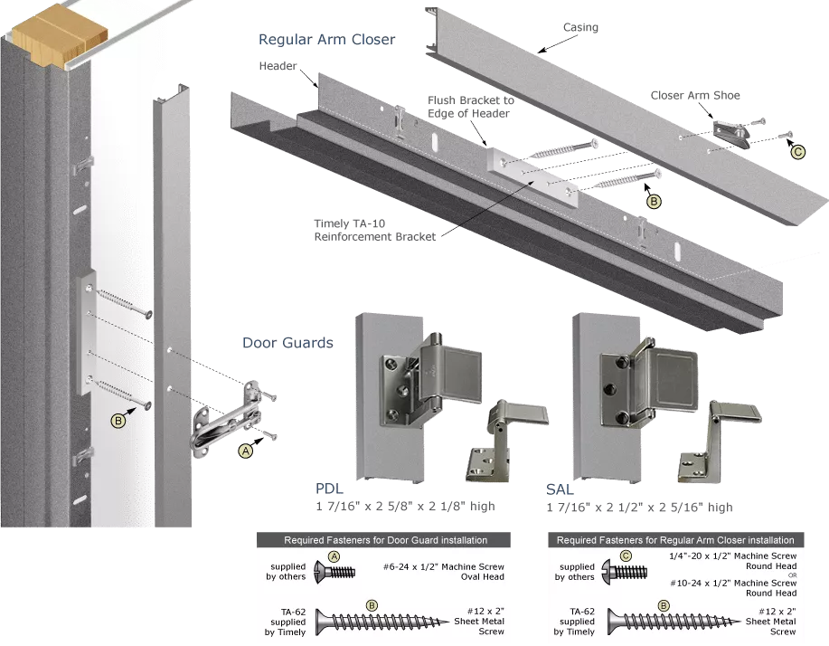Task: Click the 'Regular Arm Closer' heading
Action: point(326,40)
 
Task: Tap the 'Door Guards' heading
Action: point(287,343)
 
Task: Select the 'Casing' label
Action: point(580,27)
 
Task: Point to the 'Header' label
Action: point(278,66)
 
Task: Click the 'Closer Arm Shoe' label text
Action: point(694,95)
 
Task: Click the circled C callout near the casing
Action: point(797,152)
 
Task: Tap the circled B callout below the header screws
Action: point(654,201)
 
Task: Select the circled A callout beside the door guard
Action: point(245,451)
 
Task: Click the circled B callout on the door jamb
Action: point(118,421)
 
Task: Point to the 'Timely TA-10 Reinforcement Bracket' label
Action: point(375,230)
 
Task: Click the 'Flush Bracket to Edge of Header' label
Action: point(470,107)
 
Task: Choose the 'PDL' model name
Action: point(329,489)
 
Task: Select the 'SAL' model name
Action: point(560,489)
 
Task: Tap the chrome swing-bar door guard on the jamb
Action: point(225,420)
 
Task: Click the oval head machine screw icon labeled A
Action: point(334,572)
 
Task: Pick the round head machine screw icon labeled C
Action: point(626,572)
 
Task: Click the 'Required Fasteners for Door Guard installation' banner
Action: point(384,540)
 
